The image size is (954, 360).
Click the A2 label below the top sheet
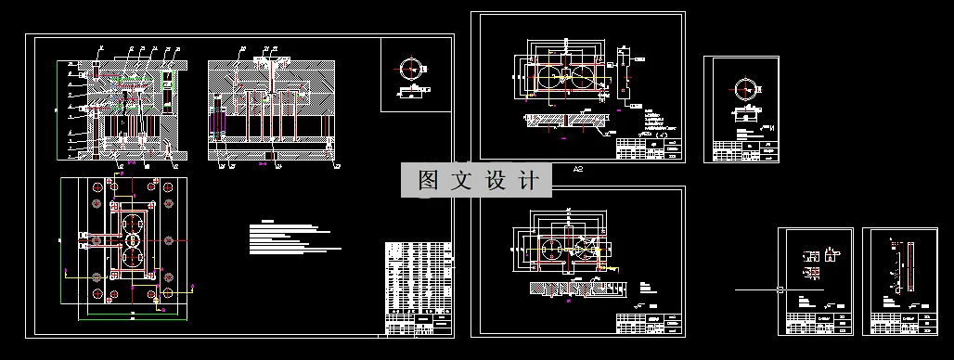(577, 170)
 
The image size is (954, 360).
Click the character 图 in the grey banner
(428, 181)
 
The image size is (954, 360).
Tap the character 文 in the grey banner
(460, 181)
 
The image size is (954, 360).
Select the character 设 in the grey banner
(494, 181)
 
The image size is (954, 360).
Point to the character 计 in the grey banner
(526, 181)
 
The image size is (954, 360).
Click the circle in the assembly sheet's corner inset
(409, 68)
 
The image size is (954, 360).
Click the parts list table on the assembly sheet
(418, 287)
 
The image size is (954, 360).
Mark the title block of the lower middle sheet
(650, 322)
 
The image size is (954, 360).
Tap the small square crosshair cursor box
(781, 289)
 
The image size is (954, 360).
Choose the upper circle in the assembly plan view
(132, 223)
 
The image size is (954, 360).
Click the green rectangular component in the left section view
(167, 92)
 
